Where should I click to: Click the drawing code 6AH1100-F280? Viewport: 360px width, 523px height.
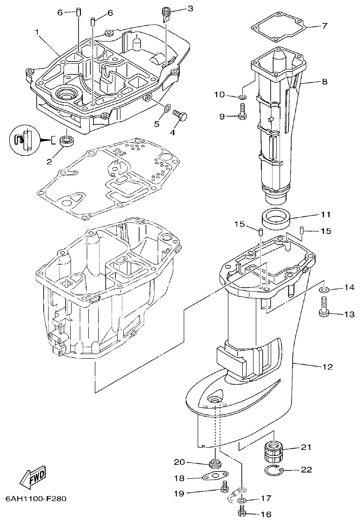(36, 499)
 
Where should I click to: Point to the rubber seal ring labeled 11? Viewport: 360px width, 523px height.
(275, 219)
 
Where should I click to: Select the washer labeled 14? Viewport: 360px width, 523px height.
(324, 290)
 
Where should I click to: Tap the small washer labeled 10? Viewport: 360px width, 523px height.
(242, 97)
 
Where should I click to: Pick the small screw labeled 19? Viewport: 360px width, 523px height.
(226, 488)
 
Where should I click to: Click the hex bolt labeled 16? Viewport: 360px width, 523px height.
(241, 512)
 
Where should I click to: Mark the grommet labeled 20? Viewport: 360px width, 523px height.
(215, 463)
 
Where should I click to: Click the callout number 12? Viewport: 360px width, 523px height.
(327, 367)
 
